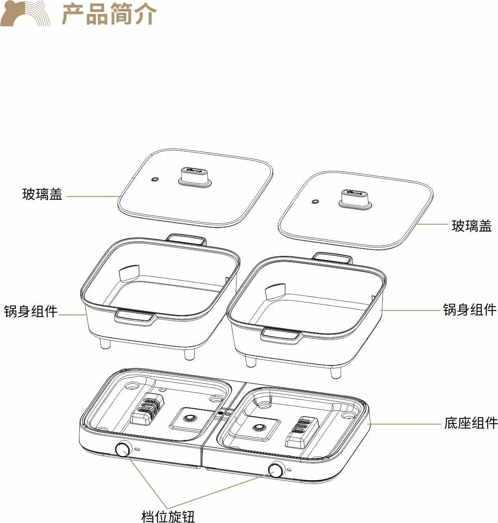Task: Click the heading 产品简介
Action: click(110, 14)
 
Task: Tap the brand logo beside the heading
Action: click(25, 14)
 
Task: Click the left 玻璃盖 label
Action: click(42, 194)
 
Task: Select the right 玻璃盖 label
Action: click(472, 226)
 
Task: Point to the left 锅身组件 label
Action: click(31, 311)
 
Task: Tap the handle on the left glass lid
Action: click(195, 177)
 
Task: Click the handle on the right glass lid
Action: click(355, 199)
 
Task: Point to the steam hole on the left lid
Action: click(154, 179)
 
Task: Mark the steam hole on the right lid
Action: click(316, 201)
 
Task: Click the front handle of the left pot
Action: click(135, 317)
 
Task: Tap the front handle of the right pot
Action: click(282, 336)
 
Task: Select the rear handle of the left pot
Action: click(186, 239)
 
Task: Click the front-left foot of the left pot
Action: click(105, 344)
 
